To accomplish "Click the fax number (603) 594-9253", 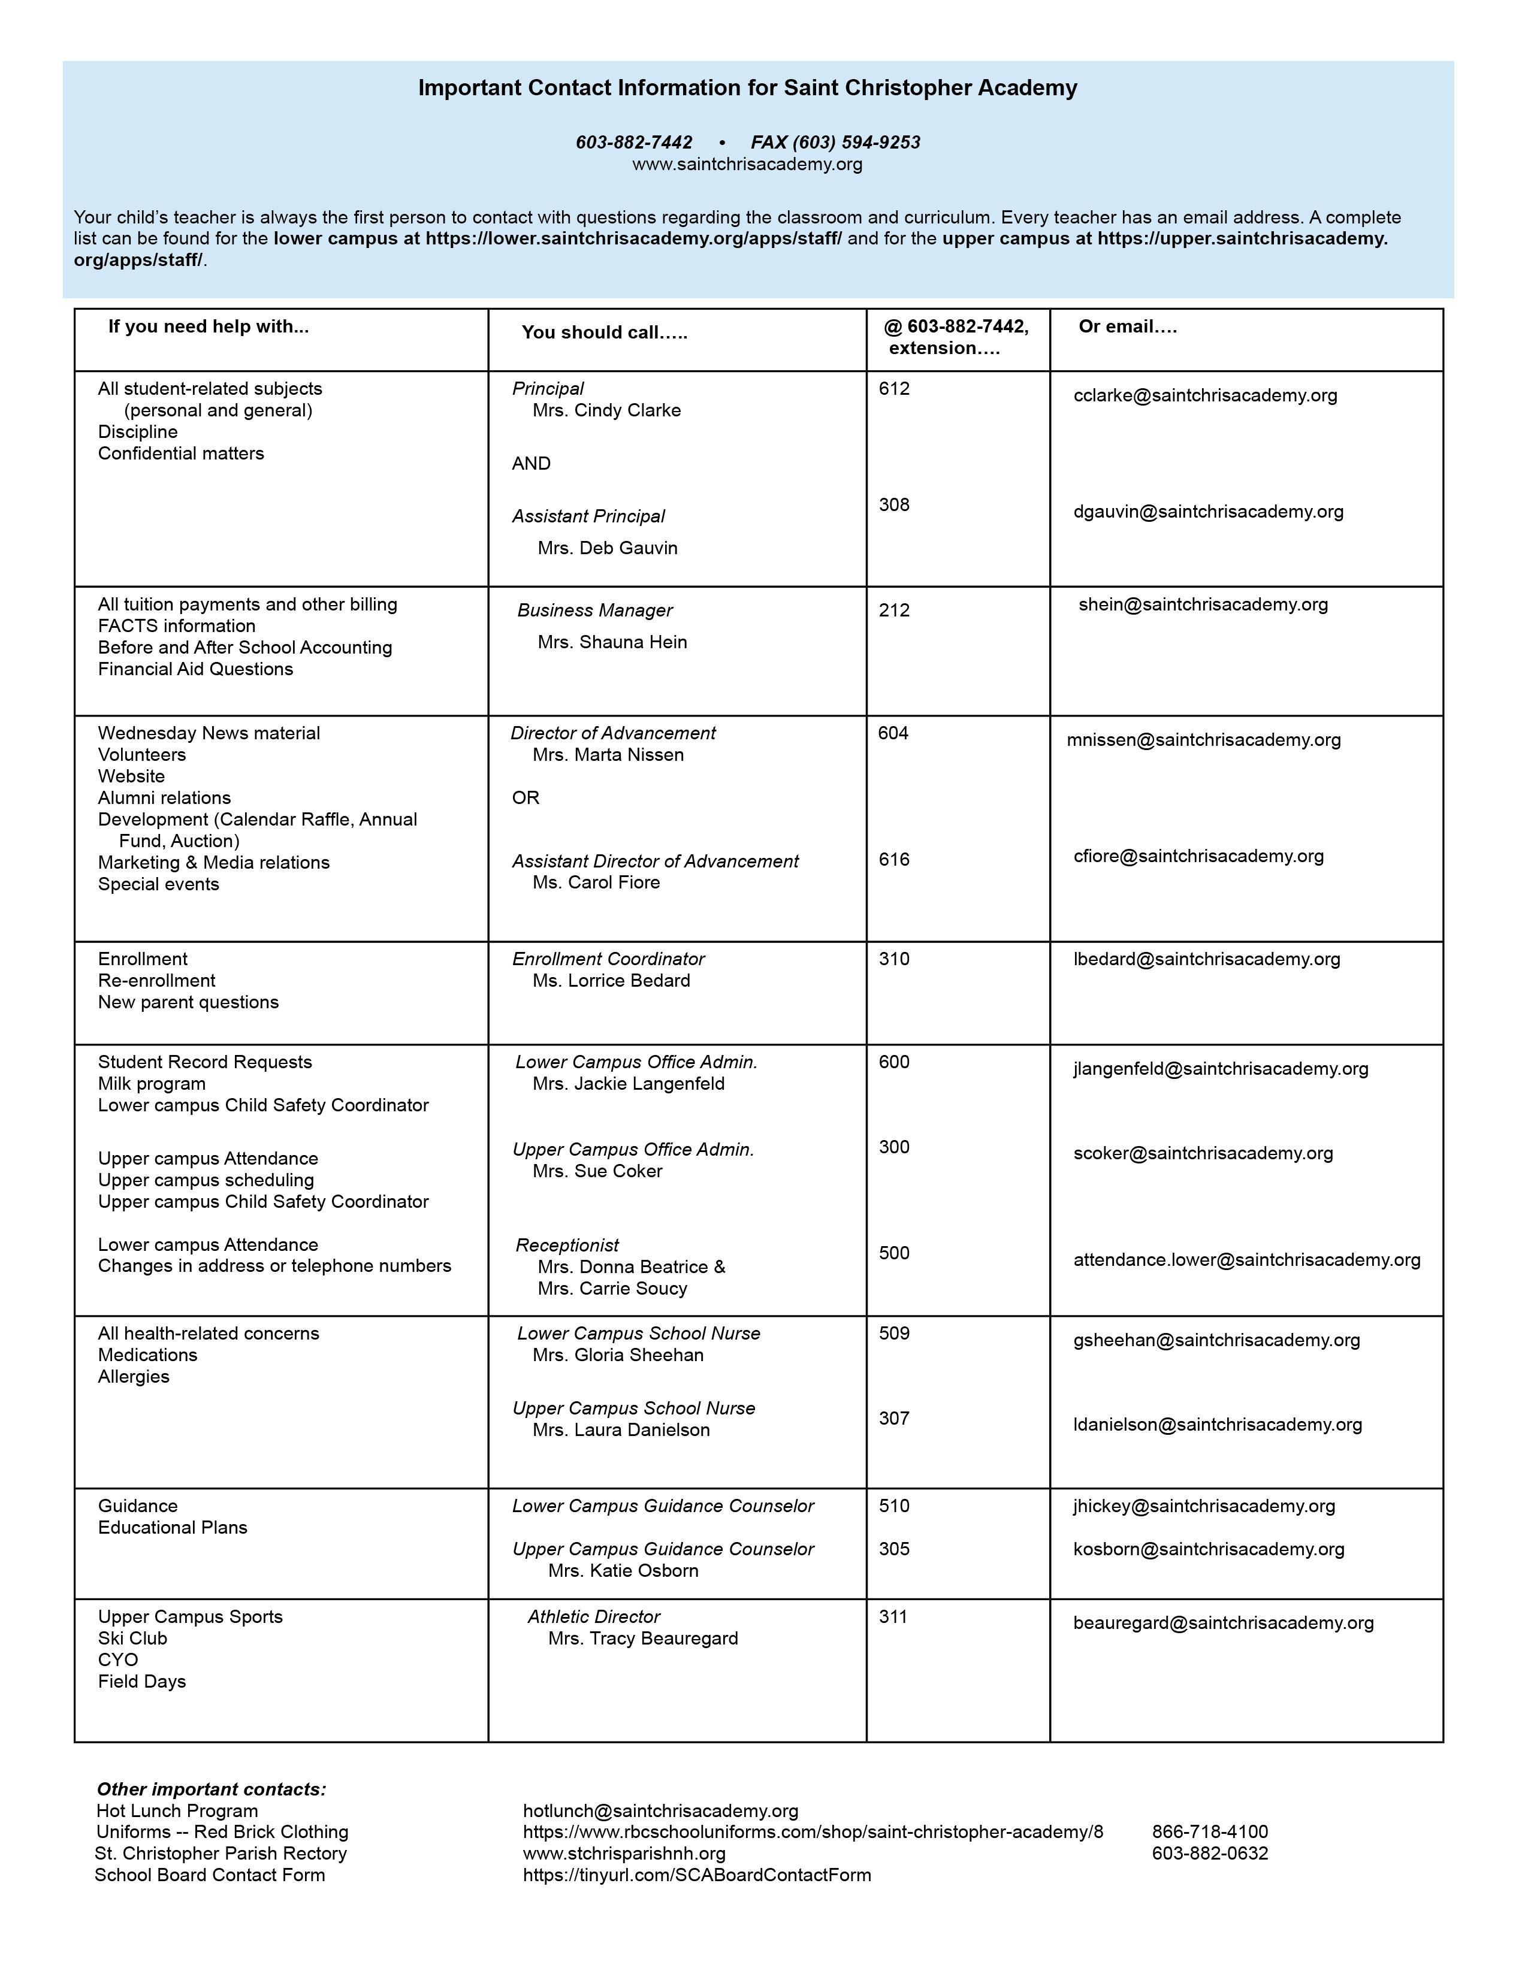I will coord(835,142).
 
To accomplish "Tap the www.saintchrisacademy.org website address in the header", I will coord(747,164).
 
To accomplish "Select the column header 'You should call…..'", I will coord(604,332).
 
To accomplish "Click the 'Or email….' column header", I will coord(1127,327).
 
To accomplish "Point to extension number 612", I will coord(893,388).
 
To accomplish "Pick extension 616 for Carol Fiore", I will coord(893,859).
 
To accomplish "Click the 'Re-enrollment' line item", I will coord(156,980).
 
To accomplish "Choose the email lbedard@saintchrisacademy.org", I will coord(1206,959).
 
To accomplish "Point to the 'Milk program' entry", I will coord(151,1084).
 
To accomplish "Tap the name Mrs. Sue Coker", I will coord(597,1171).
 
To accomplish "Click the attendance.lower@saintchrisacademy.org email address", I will coord(1246,1259).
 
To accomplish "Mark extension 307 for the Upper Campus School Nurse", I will coord(893,1417).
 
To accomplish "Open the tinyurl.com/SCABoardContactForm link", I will coord(696,1875).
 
